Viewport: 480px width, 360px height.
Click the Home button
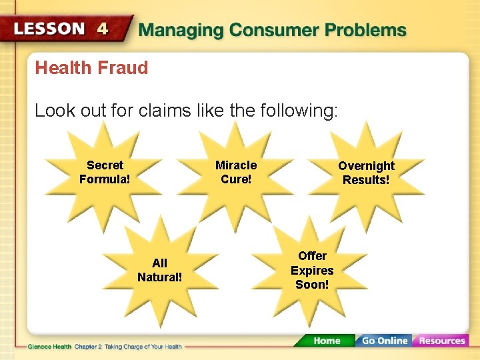pos(326,341)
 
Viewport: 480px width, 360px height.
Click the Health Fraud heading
pos(91,67)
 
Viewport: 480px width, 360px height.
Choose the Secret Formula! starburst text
pos(105,172)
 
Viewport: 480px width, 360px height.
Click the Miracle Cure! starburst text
pos(236,172)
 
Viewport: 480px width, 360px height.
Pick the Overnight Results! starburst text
pos(366,173)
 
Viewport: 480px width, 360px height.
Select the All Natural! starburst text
pos(159,270)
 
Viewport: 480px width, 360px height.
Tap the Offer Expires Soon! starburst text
pos(312,270)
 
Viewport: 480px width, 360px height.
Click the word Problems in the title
pos(366,30)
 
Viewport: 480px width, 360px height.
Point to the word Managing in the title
pos(181,30)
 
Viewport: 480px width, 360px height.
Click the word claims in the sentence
pos(163,110)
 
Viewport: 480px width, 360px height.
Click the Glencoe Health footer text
pos(49,347)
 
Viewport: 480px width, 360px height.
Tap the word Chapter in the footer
pos(85,347)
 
